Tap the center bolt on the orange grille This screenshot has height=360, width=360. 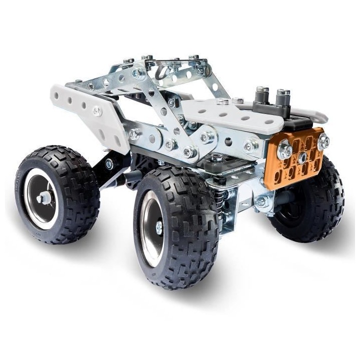click(x=303, y=158)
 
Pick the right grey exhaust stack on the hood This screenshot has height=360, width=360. click(x=283, y=96)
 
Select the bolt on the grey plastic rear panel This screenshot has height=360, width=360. click(x=97, y=111)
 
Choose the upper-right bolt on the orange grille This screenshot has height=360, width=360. click(x=323, y=141)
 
